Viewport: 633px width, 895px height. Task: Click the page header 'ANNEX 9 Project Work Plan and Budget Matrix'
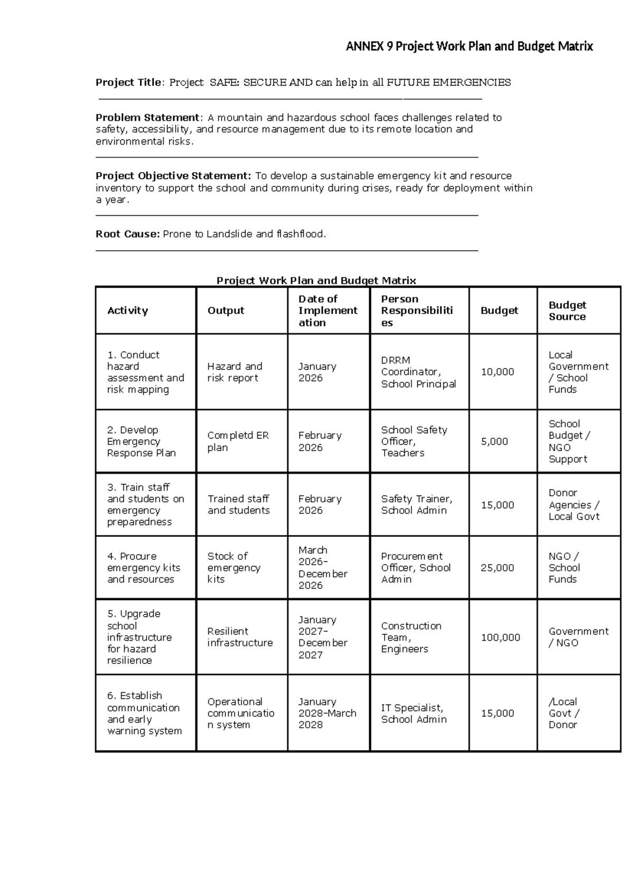[469, 46]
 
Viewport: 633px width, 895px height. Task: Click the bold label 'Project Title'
[128, 82]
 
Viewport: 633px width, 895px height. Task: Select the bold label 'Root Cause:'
[127, 234]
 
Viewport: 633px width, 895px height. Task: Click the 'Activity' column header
[127, 310]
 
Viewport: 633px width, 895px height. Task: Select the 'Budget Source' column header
[567, 310]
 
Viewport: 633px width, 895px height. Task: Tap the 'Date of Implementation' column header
[327, 310]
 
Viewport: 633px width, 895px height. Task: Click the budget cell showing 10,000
[497, 372]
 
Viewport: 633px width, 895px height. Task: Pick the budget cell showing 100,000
[500, 637]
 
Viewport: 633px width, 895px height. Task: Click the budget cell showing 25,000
[497, 568]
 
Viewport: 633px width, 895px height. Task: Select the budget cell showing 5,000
[494, 441]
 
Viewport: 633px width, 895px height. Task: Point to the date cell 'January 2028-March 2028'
[327, 713]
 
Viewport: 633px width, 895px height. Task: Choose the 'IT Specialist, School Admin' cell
[414, 713]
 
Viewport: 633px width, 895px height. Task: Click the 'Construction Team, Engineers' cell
[411, 637]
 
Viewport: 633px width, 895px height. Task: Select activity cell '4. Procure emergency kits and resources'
[143, 568]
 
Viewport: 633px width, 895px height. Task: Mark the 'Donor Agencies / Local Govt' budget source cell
[574, 504]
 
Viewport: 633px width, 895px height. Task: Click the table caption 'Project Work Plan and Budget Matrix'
[316, 280]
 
